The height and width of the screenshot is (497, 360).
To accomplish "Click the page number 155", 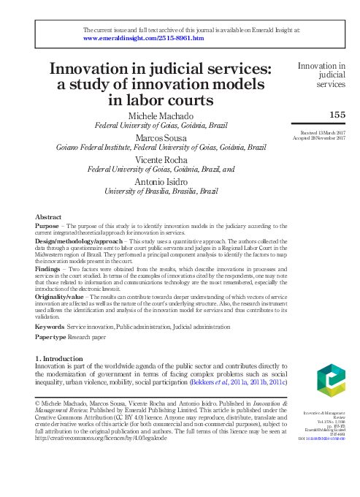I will pyautogui.click(x=337, y=115).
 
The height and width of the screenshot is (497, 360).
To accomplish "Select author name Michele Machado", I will pyautogui.click(x=161, y=117).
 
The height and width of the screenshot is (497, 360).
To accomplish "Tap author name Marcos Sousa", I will pyautogui.click(x=161, y=138).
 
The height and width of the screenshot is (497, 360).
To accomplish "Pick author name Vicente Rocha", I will pyautogui.click(x=161, y=159).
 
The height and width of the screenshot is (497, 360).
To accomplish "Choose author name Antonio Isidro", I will pyautogui.click(x=161, y=181).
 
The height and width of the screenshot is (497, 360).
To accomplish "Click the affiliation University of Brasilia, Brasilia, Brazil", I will pyautogui.click(x=161, y=191).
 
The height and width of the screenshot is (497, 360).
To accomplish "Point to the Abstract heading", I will pyautogui.click(x=48, y=217).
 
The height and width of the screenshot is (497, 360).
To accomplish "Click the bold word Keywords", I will pyautogui.click(x=50, y=326).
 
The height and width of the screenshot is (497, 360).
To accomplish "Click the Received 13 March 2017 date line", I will pyautogui.click(x=321, y=132).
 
